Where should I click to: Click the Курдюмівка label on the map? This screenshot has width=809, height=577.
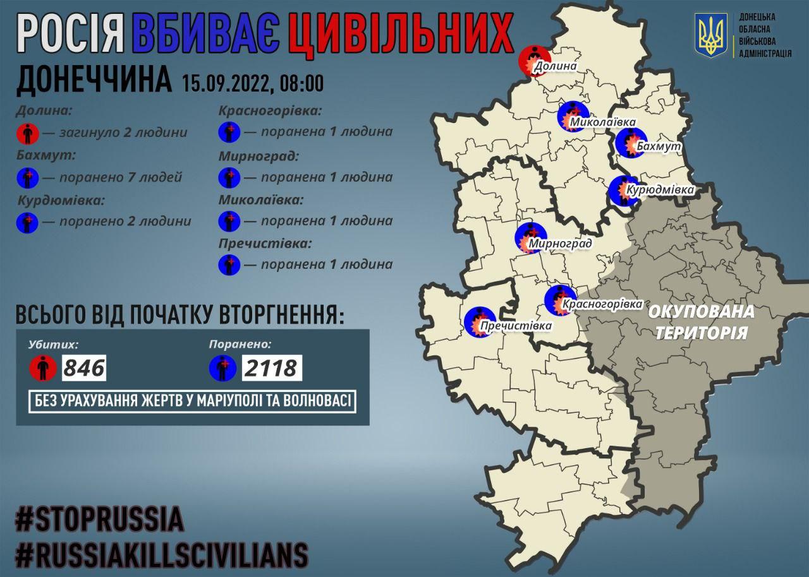point(660,189)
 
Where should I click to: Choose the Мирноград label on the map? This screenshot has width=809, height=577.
point(560,244)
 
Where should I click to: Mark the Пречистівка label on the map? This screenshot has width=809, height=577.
point(516,326)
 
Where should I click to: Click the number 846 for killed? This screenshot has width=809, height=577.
point(83,367)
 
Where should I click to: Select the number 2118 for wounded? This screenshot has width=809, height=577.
point(271,367)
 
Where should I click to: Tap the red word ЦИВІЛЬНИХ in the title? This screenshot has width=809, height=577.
point(400,34)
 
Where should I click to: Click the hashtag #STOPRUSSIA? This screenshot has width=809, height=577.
point(99,520)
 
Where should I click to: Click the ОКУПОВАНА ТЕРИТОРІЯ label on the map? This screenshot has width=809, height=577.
point(701,322)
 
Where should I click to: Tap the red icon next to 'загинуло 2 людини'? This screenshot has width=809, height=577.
point(28,133)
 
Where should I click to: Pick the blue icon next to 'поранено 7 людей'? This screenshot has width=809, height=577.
point(28,177)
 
